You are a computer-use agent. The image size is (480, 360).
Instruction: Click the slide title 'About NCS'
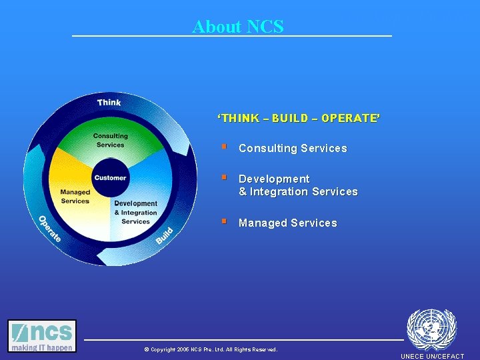point(238,27)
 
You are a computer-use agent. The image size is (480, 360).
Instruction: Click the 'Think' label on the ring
point(109,102)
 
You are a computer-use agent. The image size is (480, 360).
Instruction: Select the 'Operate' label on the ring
point(49,229)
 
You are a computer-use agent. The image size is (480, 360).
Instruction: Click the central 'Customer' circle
point(110,177)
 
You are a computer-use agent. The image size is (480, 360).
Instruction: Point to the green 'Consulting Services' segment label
point(110,141)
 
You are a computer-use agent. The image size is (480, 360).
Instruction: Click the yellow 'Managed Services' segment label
point(75,197)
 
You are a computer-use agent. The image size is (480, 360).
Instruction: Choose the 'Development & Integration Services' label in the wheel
point(135,212)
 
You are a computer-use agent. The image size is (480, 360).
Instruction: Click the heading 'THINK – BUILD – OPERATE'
point(299,118)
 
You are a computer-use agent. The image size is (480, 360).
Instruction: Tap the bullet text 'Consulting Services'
point(293,149)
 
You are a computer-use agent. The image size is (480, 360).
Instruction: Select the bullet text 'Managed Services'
point(287,223)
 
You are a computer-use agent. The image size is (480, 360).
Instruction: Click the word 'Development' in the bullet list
point(274,179)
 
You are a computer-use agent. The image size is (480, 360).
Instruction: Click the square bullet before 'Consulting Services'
point(225,147)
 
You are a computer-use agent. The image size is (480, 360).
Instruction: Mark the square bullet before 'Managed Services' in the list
point(225,221)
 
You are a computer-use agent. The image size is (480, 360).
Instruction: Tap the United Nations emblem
point(431,329)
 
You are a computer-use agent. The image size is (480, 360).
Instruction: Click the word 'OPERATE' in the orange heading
point(350,118)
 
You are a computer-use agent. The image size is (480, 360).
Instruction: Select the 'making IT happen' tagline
point(42,347)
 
